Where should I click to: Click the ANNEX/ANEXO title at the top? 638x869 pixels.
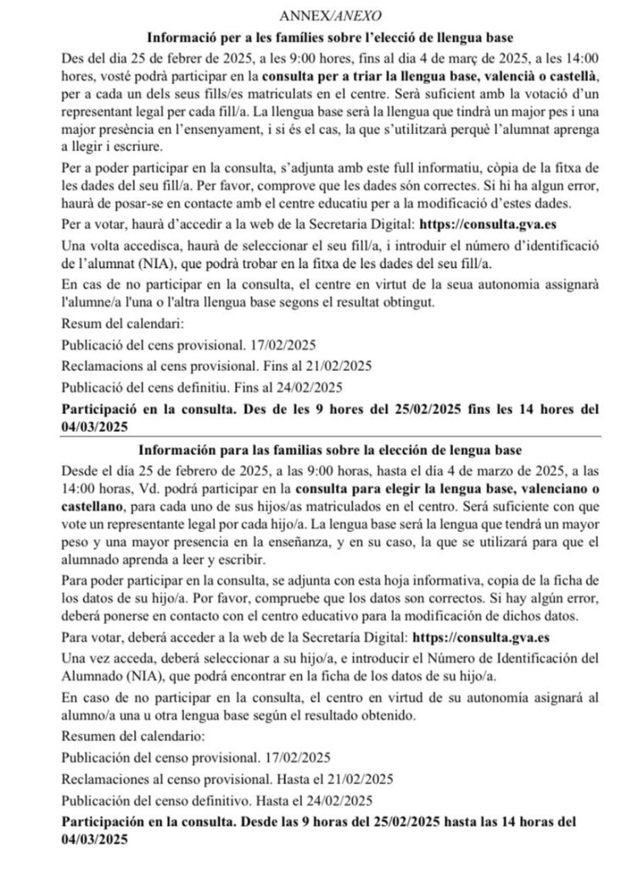point(318,16)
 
